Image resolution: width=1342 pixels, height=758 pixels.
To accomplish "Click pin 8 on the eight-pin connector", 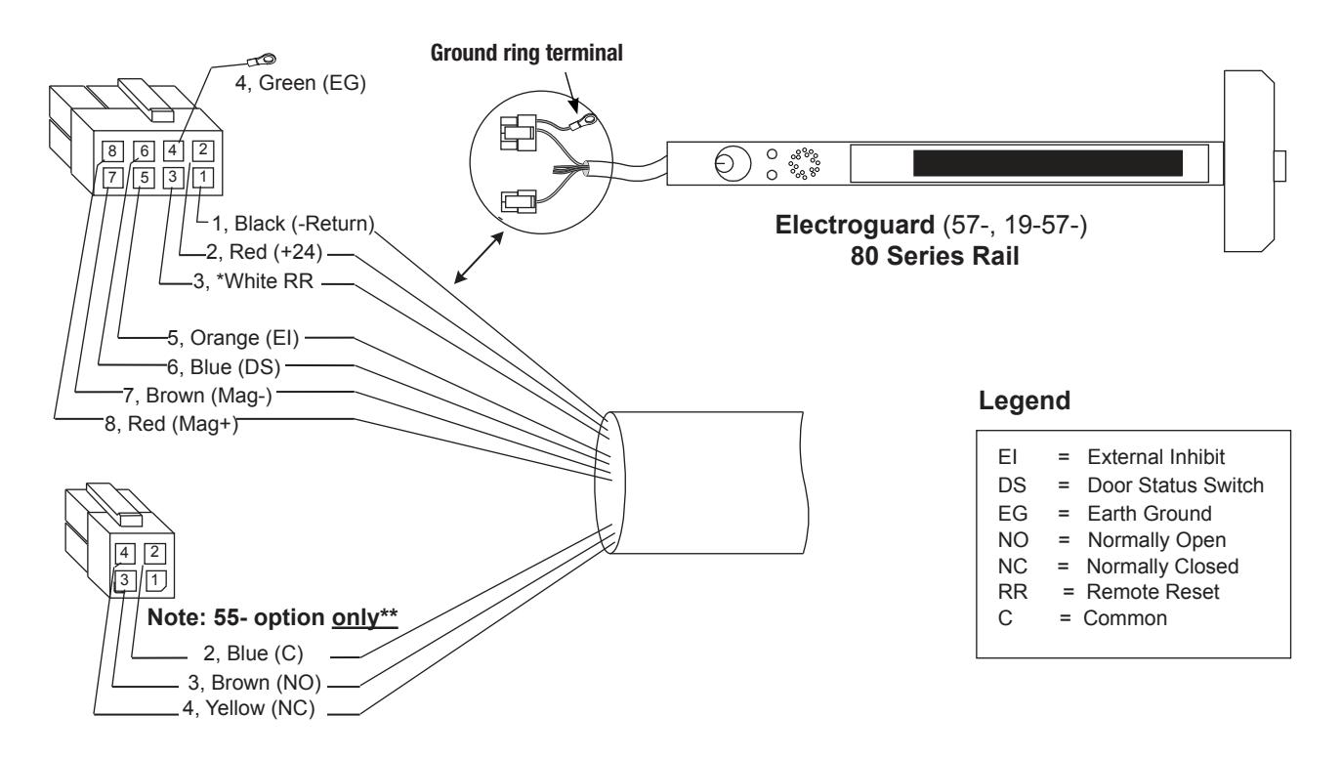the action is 112,150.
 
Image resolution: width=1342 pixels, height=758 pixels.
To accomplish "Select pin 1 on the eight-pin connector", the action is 203,177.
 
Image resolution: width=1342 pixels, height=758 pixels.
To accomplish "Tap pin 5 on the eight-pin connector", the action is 144,178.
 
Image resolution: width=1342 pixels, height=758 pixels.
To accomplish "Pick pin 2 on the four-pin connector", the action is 154,552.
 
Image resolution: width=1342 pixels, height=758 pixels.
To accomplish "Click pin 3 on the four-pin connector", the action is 125,580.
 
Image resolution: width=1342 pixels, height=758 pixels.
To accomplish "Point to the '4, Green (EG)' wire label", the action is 300,82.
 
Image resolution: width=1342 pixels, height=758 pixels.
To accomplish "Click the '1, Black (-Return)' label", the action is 293,224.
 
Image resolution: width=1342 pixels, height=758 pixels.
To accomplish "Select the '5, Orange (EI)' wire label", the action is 233,338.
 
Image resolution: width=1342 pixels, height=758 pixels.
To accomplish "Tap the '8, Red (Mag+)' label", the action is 171,424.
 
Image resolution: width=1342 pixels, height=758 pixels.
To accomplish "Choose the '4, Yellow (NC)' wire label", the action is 249,708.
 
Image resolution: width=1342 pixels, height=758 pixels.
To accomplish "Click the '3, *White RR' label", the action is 253,281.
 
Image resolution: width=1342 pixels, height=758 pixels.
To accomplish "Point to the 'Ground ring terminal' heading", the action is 526,53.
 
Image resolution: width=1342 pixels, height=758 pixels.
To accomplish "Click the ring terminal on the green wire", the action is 261,60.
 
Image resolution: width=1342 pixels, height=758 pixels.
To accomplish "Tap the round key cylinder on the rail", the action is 733,163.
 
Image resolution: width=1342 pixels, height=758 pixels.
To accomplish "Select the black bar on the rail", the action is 1048,163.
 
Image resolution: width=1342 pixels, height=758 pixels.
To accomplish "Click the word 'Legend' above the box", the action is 1025,400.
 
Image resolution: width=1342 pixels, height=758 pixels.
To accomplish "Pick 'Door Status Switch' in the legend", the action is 1175,484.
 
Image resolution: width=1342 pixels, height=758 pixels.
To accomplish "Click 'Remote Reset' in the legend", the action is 1153,591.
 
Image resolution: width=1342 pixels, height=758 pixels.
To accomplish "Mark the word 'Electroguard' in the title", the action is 855,226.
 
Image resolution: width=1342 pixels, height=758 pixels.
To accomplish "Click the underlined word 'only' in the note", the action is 356,617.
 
